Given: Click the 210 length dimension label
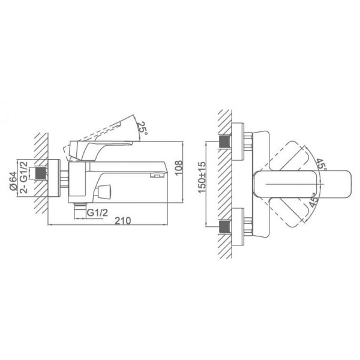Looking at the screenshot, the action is [122, 221].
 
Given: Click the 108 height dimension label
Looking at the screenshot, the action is [179, 167].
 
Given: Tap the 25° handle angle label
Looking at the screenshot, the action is [142, 128].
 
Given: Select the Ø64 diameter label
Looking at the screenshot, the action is [13, 181].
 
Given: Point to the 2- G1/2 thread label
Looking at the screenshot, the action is [24, 178].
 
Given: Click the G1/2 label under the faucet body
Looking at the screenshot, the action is [97, 213].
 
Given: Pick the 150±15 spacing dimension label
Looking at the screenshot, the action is [202, 178].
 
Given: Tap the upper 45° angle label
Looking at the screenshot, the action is [322, 164].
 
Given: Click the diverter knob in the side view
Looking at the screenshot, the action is [104, 191].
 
